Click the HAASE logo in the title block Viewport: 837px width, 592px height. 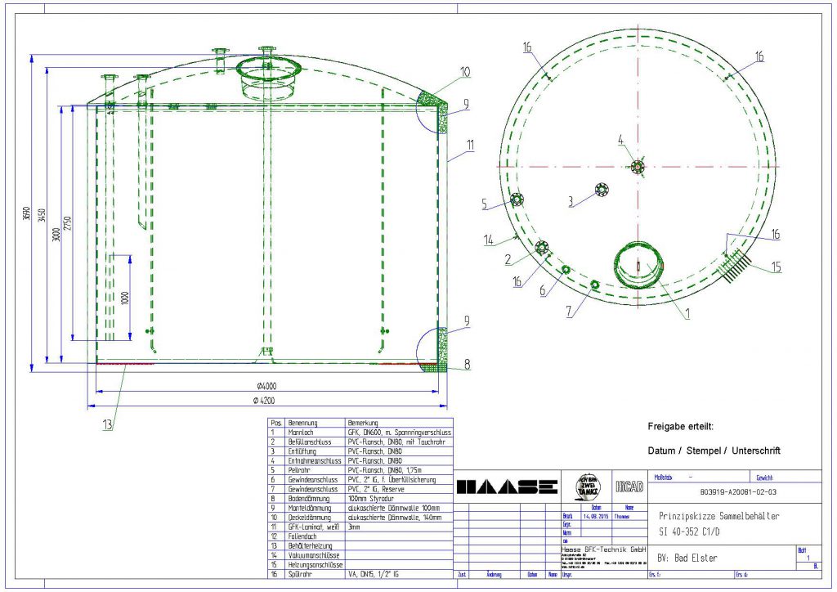pos(507,487)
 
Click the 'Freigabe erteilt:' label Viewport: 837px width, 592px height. pos(680,427)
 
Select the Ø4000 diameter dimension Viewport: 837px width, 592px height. pos(266,387)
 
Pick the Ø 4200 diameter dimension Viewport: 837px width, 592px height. pos(266,400)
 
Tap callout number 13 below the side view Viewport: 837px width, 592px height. pos(108,424)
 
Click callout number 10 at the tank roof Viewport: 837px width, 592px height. pos(465,72)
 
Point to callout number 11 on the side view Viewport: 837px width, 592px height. pos(470,145)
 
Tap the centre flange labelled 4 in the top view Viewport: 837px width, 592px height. pos(638,168)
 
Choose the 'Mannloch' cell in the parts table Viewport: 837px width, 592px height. pos(302,432)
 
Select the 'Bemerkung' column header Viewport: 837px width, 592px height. pos(361,423)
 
